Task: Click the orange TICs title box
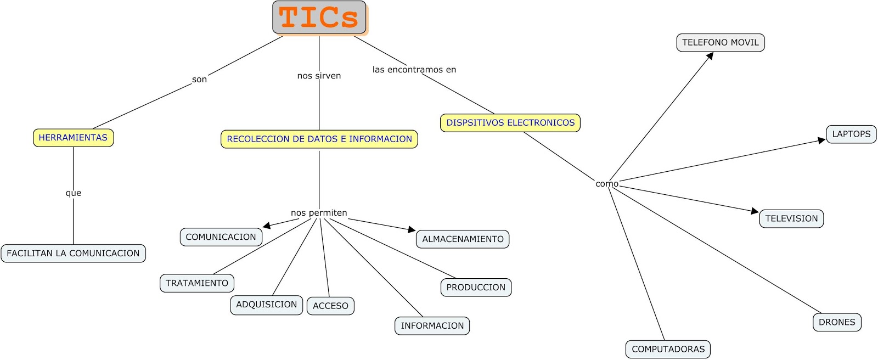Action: (x=319, y=18)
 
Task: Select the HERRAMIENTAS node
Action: (x=73, y=138)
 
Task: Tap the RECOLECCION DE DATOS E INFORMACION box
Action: (x=319, y=139)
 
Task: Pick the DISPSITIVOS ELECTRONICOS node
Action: (x=510, y=123)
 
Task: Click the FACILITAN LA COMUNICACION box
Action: (x=73, y=254)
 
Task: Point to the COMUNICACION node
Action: (x=221, y=237)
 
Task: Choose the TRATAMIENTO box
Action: (x=197, y=283)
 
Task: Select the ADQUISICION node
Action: (x=266, y=305)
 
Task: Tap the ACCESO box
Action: (x=330, y=306)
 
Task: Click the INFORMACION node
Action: (x=432, y=326)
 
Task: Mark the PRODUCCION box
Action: (x=476, y=288)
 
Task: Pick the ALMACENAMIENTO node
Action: (x=463, y=239)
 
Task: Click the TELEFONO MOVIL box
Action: (x=720, y=43)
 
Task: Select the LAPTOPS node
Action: (x=851, y=134)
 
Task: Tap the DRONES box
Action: (x=837, y=323)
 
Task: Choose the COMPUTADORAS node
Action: (x=668, y=350)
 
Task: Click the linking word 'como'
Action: (x=607, y=184)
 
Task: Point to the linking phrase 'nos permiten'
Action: (x=319, y=213)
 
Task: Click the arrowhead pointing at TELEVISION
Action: (x=755, y=211)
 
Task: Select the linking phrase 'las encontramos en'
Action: (x=414, y=70)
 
